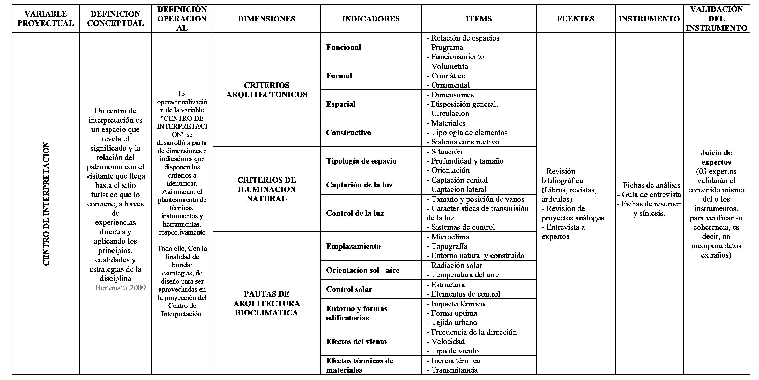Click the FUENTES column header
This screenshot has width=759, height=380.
pos(575,19)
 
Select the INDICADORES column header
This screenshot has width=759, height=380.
pos(371,19)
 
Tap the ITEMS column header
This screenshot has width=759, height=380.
pos(479,19)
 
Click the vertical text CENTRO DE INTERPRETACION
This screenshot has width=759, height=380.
pos(46,204)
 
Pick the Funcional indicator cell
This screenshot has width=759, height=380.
pos(343,47)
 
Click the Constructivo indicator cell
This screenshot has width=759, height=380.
pos(348,132)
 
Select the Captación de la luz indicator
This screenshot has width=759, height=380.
pos(359,185)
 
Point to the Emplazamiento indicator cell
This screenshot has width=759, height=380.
pos(353,246)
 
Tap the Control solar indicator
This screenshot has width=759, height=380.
pos(349,289)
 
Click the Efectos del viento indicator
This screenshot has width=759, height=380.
pos(356,342)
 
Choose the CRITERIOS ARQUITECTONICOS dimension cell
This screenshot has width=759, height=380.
pos(266,90)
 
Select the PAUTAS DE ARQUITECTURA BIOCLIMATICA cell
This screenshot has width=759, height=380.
pos(266,303)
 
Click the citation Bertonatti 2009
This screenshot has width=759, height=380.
pos(120,288)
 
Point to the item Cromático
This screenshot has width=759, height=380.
pos(448,76)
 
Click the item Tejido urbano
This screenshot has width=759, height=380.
pos(454,322)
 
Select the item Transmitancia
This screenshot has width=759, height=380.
pos(454,370)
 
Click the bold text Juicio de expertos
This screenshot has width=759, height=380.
pos(716,157)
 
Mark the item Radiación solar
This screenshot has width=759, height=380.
pos(456,265)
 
